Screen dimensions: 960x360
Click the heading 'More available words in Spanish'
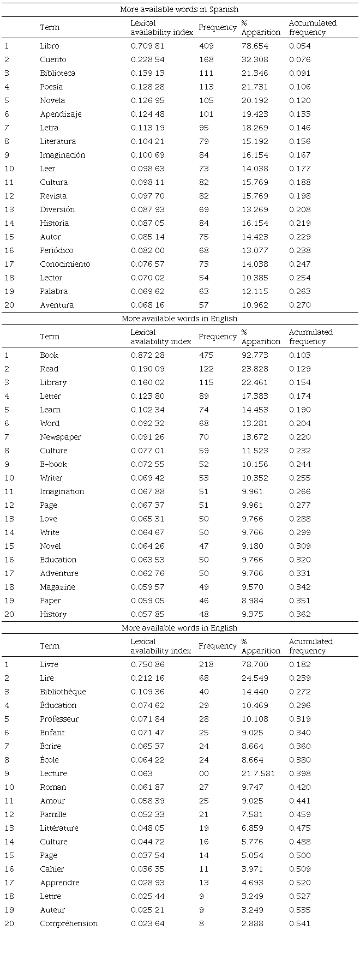tap(180, 9)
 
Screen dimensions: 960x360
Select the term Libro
tap(49, 46)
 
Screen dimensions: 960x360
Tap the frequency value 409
tap(206, 46)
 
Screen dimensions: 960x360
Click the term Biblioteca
tap(57, 73)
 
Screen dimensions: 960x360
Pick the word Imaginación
tap(62, 155)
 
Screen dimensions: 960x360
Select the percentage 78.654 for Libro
tap(254, 46)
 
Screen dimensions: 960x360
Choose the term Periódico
tap(56, 250)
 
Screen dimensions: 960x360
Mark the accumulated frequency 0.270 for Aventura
tap(299, 305)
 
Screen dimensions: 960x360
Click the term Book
tap(49, 355)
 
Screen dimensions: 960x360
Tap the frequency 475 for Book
tap(206, 355)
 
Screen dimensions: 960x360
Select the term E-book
tap(53, 464)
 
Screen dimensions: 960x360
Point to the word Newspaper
tap(60, 437)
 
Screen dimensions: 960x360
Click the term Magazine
tap(57, 587)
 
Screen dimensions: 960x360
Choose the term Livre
tap(49, 664)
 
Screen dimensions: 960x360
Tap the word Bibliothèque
tap(63, 692)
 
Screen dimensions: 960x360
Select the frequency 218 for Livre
tap(206, 664)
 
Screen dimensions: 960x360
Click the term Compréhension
tap(69, 923)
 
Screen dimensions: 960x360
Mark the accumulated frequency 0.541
tap(299, 923)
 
